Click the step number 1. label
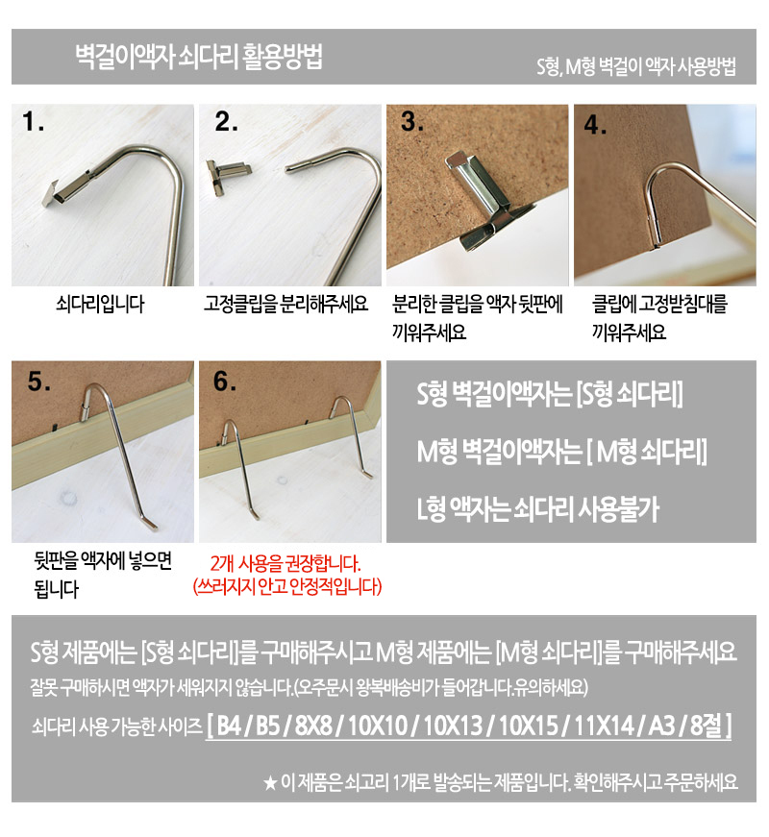32,122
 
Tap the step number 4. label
595,125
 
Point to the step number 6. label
224,382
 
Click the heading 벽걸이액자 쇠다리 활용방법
199,56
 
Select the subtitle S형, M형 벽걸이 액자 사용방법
636,66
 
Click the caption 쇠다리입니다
100,304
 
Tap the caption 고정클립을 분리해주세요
286,304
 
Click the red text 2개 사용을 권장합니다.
285,564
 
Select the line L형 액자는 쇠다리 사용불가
538,508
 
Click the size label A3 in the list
661,725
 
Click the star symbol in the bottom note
270,783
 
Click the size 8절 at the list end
706,725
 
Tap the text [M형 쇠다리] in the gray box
647,451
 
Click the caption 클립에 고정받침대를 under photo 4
659,304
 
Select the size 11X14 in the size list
604,725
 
